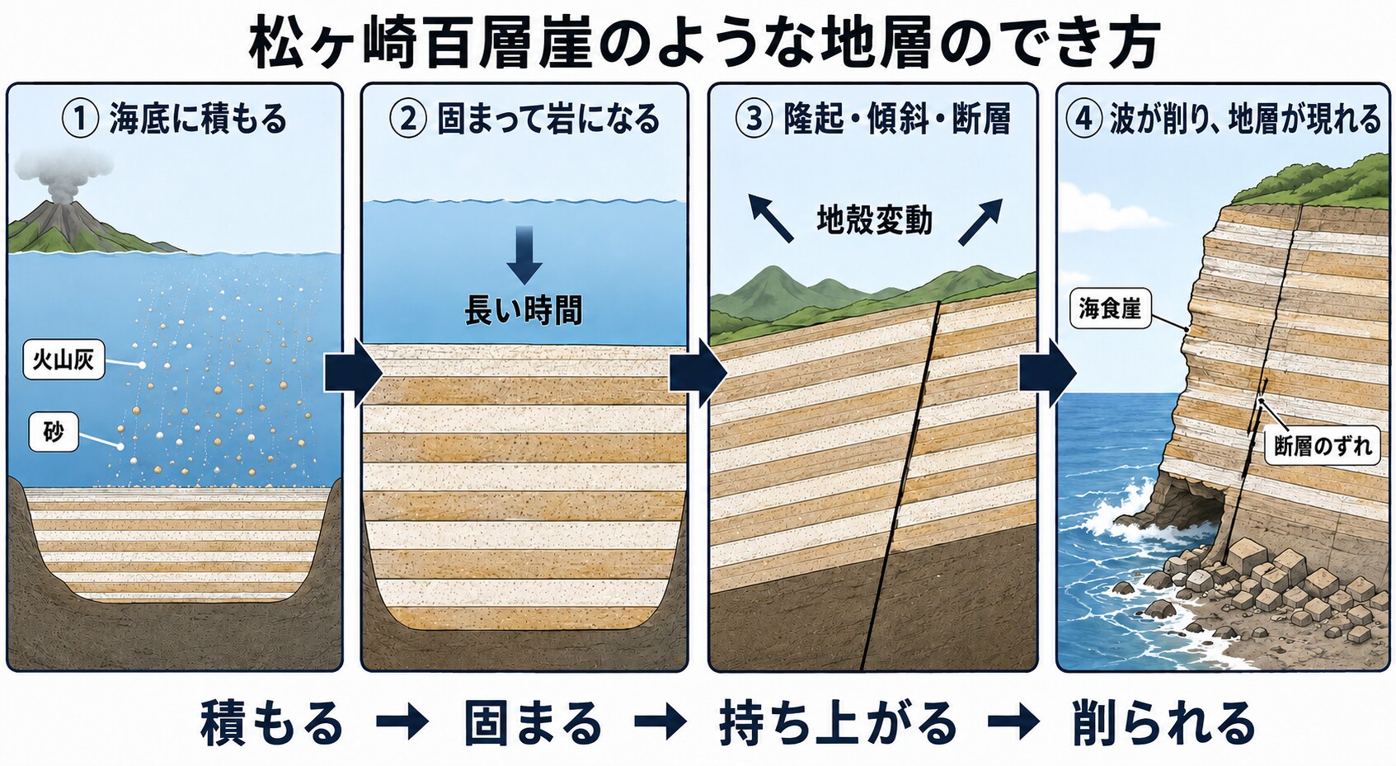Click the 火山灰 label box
(63, 360)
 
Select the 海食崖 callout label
(1110, 308)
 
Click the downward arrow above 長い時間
(524, 256)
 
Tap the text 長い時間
(524, 310)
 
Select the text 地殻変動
(874, 220)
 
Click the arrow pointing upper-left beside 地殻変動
(770, 218)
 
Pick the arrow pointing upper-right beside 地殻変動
(981, 221)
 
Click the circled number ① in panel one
(80, 119)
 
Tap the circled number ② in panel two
(408, 119)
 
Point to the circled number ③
(754, 119)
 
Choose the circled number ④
(1084, 119)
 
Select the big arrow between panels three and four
(1048, 374)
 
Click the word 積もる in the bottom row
(272, 723)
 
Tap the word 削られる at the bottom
(1163, 723)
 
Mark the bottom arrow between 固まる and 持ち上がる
(660, 723)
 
